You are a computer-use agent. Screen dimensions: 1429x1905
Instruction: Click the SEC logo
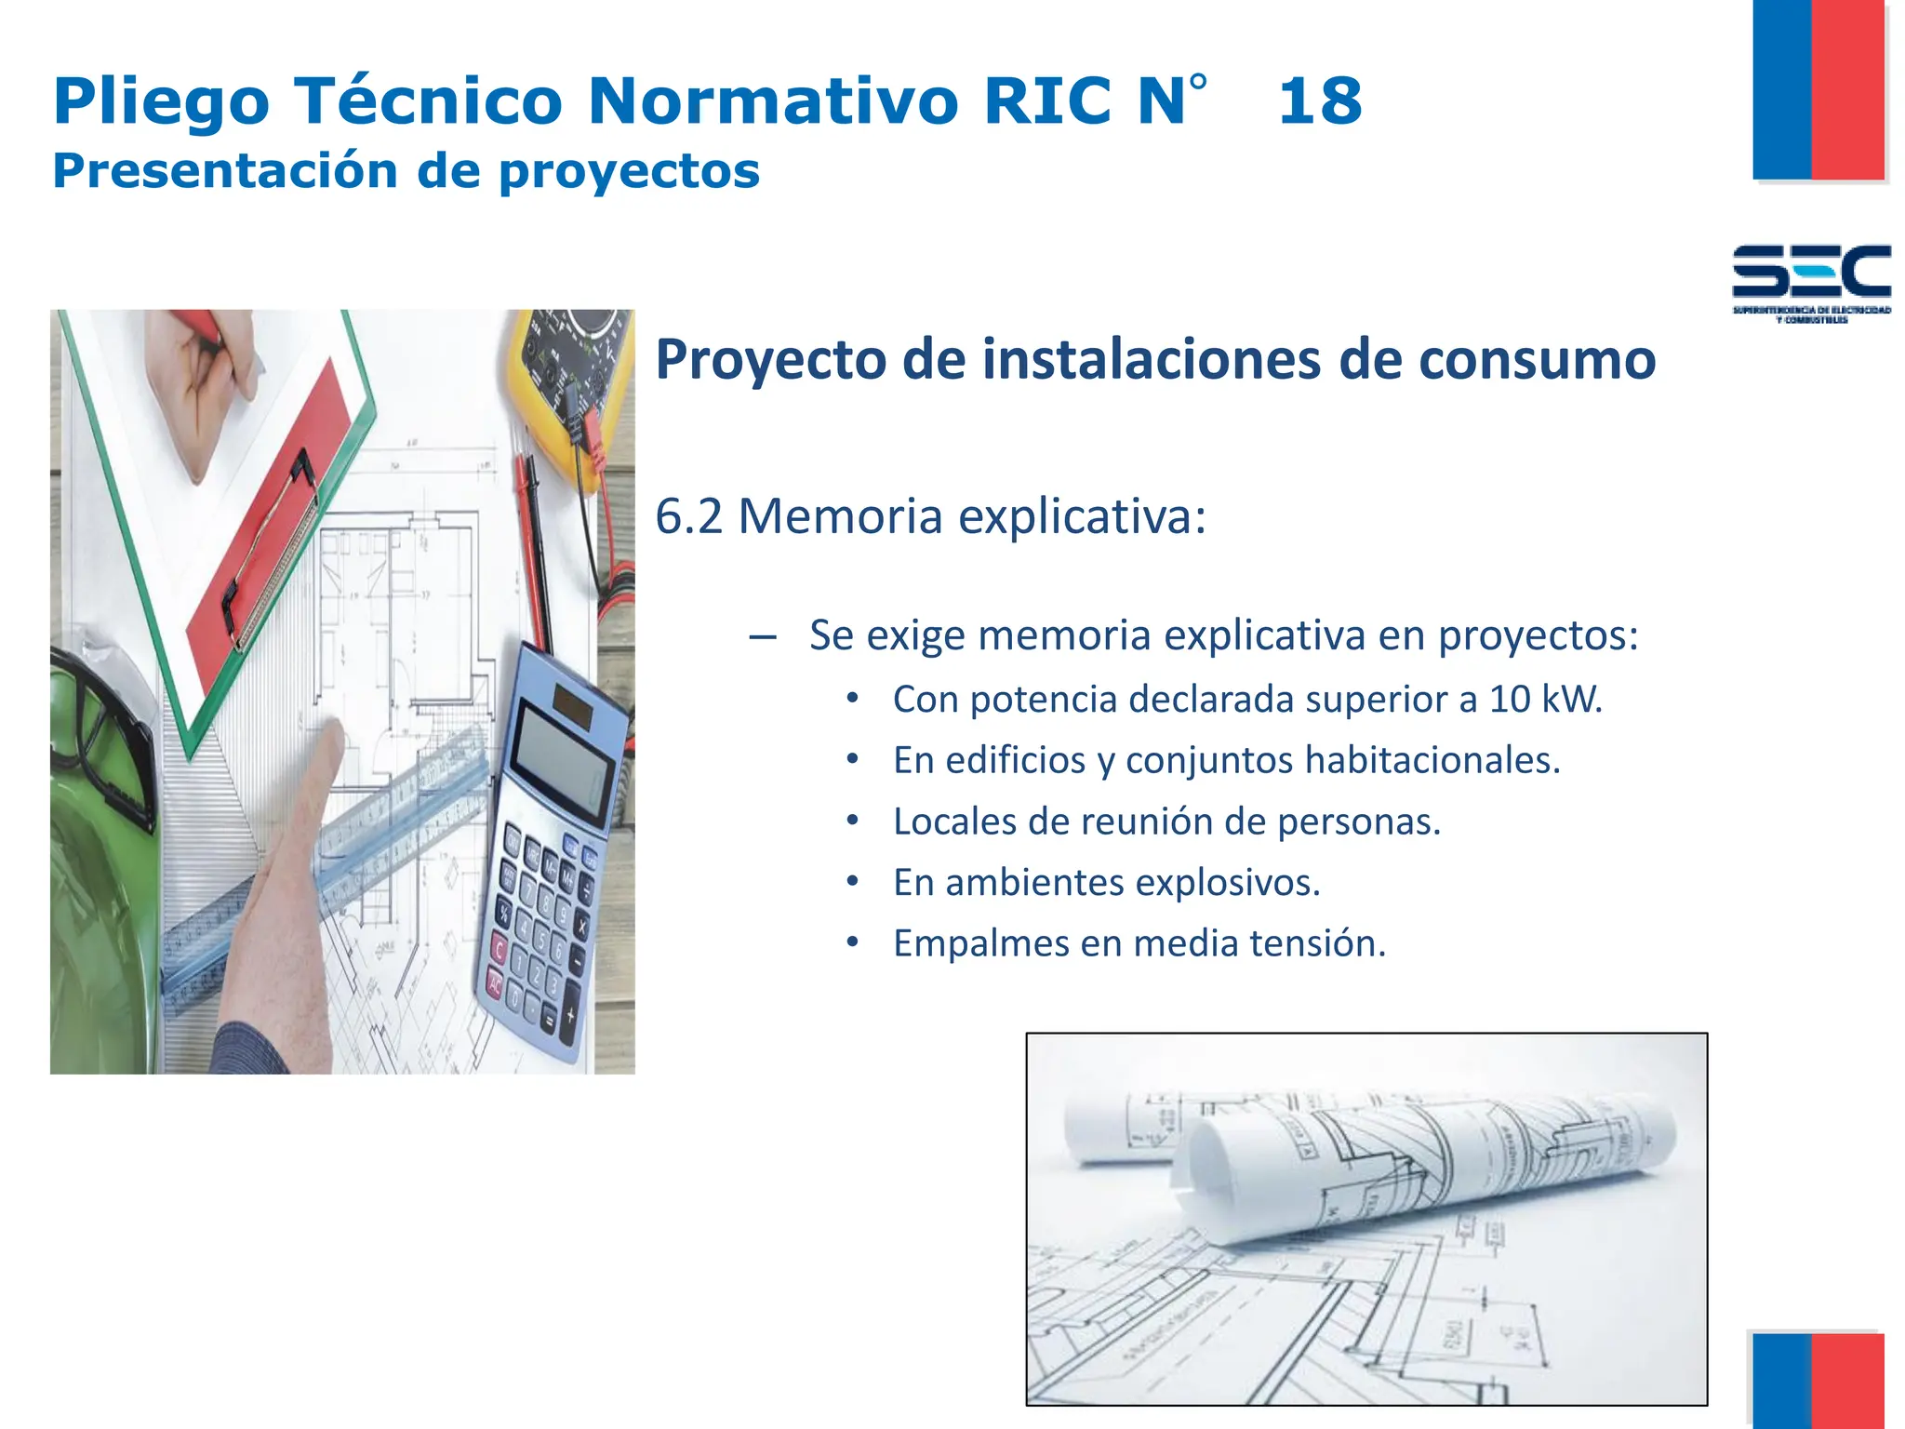tap(1811, 279)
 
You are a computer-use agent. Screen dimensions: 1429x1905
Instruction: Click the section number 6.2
tap(688, 516)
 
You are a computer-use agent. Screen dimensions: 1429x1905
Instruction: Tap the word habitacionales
tap(1432, 760)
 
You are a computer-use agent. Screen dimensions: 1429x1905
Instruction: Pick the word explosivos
tap(1227, 882)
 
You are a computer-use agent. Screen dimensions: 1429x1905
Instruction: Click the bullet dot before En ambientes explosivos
tap(852, 880)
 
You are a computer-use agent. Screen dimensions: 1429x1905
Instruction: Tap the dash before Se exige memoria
tap(762, 637)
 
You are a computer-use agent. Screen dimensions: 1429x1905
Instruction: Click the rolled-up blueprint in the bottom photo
tap(1423, 1163)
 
